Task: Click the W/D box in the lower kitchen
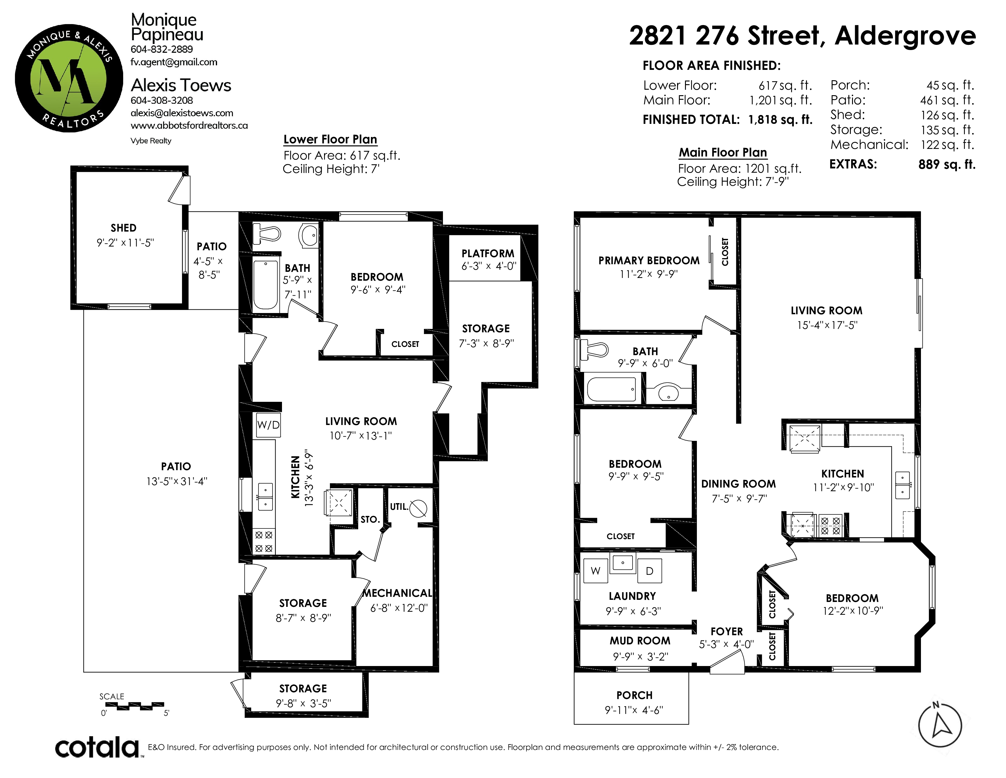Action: click(x=268, y=425)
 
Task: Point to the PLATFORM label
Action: click(x=488, y=254)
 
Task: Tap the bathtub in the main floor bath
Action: click(x=612, y=390)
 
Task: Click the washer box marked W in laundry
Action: click(x=596, y=571)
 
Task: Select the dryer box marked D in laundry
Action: click(x=649, y=571)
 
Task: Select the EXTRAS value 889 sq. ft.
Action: click(x=947, y=164)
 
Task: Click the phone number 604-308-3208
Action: click(x=162, y=100)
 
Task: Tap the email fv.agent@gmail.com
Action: click(x=174, y=62)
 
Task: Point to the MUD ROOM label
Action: click(x=640, y=641)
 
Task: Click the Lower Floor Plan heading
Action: click(x=330, y=139)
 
